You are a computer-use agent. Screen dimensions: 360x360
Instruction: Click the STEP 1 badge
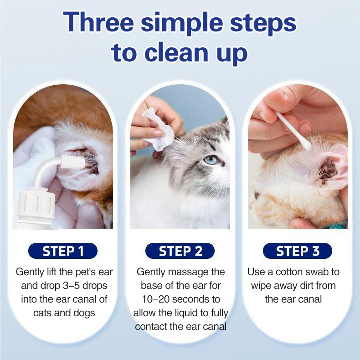point(63,251)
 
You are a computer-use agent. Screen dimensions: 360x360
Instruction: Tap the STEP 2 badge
point(180,251)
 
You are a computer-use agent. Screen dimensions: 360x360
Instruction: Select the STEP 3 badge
point(298,251)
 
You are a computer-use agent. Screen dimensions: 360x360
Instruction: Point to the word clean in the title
point(176,53)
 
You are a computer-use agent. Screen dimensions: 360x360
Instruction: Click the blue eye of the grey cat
point(211,160)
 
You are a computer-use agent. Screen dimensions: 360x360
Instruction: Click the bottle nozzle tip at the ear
point(72,162)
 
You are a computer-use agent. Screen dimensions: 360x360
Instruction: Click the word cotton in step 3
point(290,272)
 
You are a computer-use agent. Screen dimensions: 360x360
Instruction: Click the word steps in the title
point(263,24)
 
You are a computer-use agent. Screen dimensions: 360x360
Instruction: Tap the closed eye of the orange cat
point(257,195)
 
